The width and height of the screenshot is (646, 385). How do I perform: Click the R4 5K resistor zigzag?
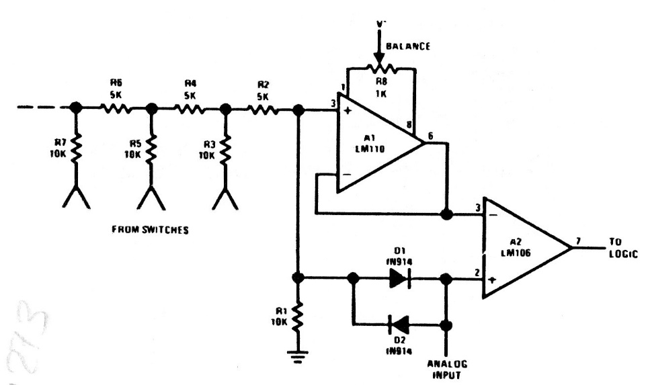pos(188,108)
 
